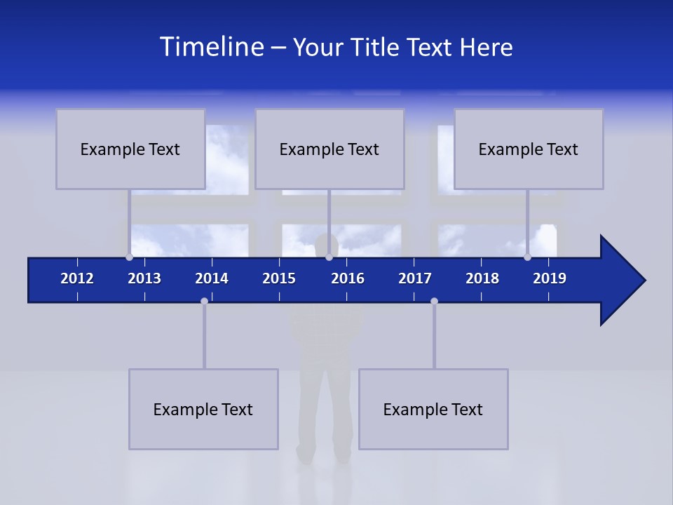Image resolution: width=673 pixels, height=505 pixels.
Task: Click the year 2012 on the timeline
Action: [x=77, y=278]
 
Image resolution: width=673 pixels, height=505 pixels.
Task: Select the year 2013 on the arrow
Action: [x=144, y=278]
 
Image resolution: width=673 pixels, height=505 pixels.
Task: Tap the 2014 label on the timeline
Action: [x=212, y=278]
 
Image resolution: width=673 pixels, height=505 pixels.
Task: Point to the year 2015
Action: [x=279, y=278]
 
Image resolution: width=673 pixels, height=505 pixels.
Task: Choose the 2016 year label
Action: [x=348, y=278]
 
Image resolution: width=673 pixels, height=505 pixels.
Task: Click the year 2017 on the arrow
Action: [x=415, y=278]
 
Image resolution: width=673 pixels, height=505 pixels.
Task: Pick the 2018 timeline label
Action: [x=482, y=278]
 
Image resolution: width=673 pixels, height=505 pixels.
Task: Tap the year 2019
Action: [x=550, y=278]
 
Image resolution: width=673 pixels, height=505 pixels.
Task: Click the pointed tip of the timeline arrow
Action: [x=644, y=281]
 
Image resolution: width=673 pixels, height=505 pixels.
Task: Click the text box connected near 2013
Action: [x=130, y=149]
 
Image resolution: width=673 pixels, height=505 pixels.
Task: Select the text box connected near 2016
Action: [x=329, y=149]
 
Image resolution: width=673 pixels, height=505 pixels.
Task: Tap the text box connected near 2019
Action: [x=529, y=149]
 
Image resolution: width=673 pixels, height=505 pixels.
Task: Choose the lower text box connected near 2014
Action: [x=203, y=409]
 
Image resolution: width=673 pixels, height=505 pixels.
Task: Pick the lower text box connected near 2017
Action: [x=433, y=409]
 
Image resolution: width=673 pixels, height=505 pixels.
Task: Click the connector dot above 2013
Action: [x=129, y=257]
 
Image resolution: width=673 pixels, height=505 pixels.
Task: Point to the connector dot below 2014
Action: [x=204, y=301]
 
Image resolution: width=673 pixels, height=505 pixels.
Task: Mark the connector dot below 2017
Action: [x=434, y=301]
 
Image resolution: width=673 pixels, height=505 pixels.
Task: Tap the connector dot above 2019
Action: [x=527, y=257]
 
